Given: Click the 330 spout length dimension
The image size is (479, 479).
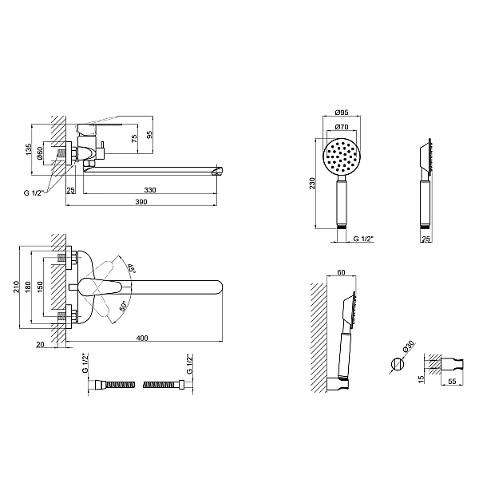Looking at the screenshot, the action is [x=150, y=190].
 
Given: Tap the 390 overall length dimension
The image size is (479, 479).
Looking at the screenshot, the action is [x=141, y=202].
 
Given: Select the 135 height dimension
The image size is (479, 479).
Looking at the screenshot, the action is [x=29, y=149].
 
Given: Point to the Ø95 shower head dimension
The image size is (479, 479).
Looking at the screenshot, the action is [x=342, y=112].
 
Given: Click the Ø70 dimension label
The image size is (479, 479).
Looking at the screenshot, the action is [x=342, y=126].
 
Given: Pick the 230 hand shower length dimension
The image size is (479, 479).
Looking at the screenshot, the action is [x=312, y=184].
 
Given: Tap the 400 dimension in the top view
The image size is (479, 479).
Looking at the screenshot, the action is [x=142, y=338].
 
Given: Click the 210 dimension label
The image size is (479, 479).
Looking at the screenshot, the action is [x=16, y=287].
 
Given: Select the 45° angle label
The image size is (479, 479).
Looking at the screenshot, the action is [x=132, y=268].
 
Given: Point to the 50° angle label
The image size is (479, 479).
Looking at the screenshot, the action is [x=123, y=307].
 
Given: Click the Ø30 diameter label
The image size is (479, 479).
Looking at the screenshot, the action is [x=409, y=346].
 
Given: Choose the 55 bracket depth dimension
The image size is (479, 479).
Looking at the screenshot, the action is [x=453, y=382].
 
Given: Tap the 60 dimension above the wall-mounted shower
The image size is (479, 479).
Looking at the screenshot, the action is [x=341, y=272].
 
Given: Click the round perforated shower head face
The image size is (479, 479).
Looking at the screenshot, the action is [x=342, y=157].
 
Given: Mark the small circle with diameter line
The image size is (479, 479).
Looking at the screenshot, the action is [x=398, y=364].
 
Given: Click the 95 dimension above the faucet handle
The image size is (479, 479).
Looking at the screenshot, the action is [x=150, y=135].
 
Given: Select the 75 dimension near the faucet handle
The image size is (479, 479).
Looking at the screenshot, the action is [x=134, y=139].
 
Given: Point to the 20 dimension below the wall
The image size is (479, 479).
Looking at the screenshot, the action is [x=41, y=344].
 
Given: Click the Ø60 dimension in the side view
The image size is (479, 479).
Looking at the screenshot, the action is [x=40, y=153].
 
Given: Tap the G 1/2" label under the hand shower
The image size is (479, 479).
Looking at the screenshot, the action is [x=363, y=239].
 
